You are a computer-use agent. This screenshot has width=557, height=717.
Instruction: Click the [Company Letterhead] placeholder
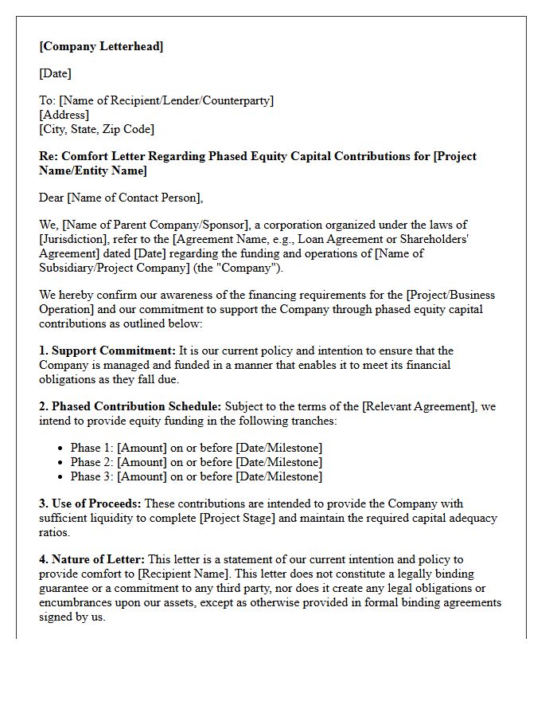(x=101, y=46)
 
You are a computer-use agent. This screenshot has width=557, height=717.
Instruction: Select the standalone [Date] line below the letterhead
(x=55, y=73)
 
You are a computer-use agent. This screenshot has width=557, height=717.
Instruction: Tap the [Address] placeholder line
(x=64, y=115)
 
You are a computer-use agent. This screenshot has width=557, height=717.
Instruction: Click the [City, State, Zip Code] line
(x=96, y=129)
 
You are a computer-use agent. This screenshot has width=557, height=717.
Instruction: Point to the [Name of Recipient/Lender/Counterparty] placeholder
(x=166, y=100)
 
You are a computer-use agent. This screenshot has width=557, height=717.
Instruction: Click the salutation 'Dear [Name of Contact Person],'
(x=121, y=198)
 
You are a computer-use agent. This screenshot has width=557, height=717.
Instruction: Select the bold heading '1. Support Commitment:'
(x=107, y=351)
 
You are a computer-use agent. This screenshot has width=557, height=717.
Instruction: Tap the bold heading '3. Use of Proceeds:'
(x=91, y=503)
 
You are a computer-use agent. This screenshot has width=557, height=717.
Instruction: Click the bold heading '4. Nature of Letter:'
(x=92, y=559)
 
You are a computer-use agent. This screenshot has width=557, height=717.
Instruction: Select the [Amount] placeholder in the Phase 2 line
(x=142, y=462)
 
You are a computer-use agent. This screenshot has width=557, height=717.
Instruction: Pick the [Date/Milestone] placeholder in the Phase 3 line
(x=279, y=476)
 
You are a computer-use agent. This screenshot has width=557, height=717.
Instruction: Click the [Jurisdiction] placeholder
(x=72, y=239)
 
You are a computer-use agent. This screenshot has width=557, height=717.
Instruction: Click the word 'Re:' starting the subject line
(x=49, y=156)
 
